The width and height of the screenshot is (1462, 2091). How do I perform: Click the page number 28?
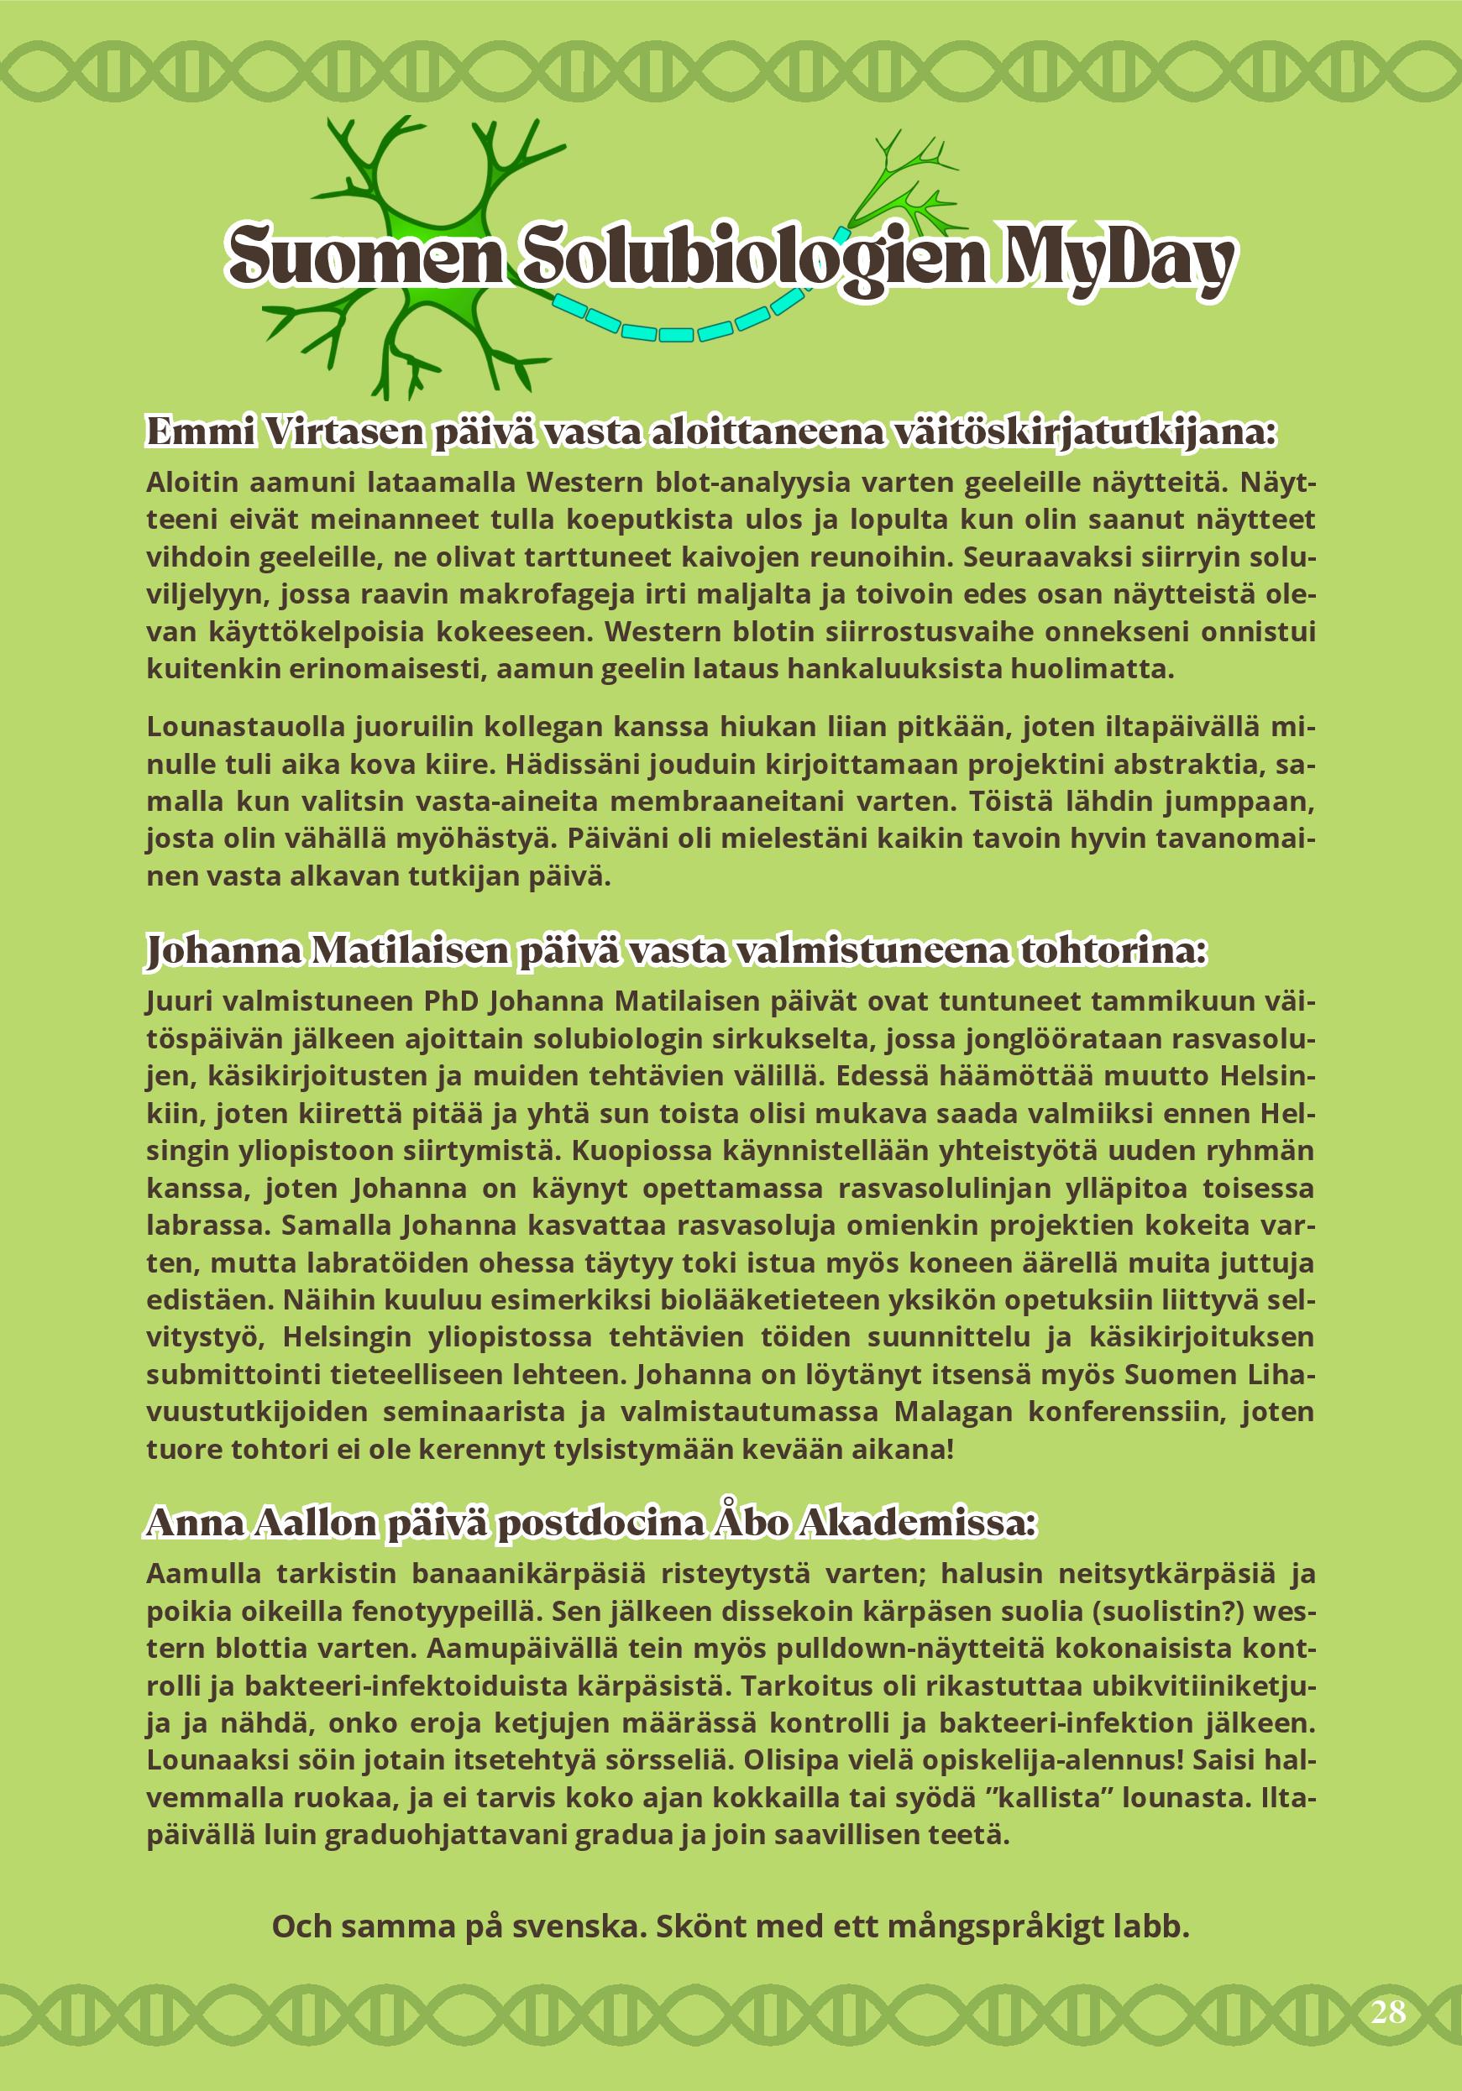(1387, 2011)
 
